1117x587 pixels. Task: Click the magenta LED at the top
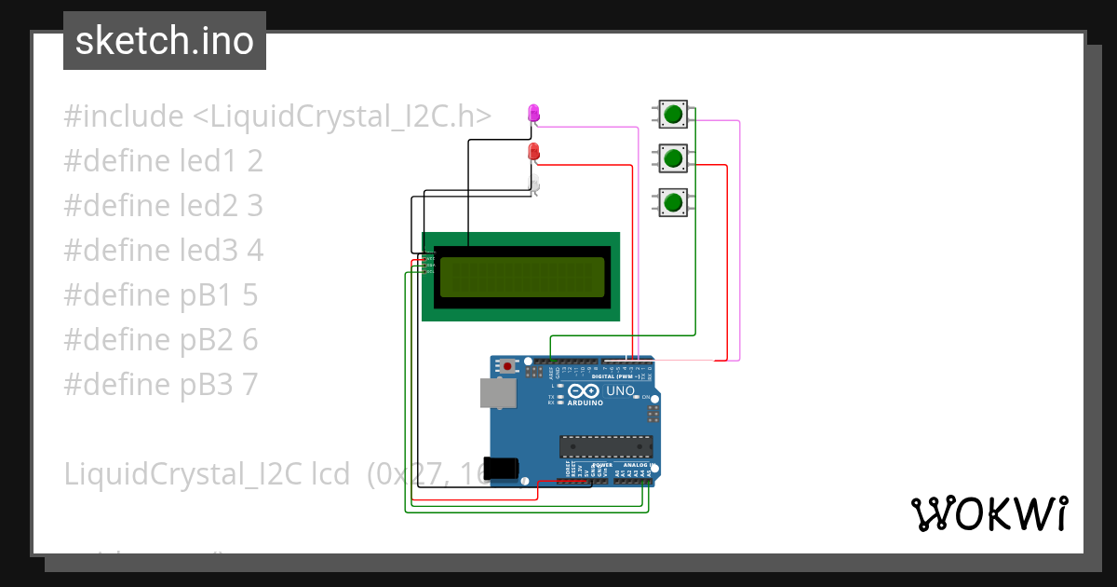(x=533, y=113)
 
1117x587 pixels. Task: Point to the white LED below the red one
(x=534, y=185)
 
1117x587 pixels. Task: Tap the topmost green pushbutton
(x=673, y=115)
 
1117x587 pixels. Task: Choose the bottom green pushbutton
(x=673, y=201)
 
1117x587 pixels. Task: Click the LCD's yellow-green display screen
(x=521, y=277)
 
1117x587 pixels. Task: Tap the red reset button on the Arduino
(x=507, y=367)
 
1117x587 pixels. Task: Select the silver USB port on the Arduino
(x=498, y=393)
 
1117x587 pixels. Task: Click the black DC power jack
(x=503, y=468)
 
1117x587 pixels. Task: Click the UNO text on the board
(x=620, y=391)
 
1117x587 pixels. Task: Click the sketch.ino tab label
(x=165, y=41)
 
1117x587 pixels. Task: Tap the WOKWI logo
(x=989, y=513)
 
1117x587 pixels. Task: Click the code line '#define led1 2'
(x=164, y=161)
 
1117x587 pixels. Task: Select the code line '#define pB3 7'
(x=161, y=384)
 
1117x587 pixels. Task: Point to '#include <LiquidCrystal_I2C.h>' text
(x=277, y=116)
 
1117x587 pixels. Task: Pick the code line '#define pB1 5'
(x=161, y=295)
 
